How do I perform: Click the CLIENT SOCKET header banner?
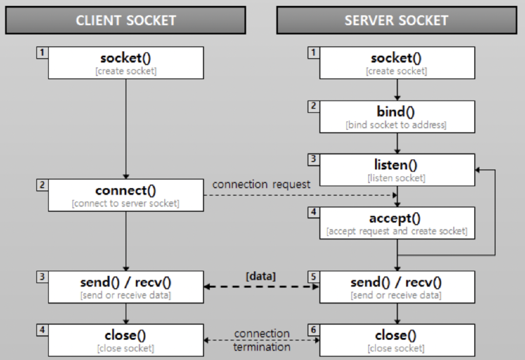pyautogui.click(x=126, y=21)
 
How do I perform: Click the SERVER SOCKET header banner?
pyautogui.click(x=396, y=21)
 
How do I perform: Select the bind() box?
pyautogui.click(x=396, y=117)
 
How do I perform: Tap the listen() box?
pyautogui.click(x=396, y=170)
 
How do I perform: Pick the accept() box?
pyautogui.click(x=396, y=223)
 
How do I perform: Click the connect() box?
pyautogui.click(x=126, y=195)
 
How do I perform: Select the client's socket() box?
pyautogui.click(x=126, y=63)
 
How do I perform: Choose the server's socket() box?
pyautogui.click(x=396, y=63)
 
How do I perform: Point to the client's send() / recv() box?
pyautogui.click(x=126, y=287)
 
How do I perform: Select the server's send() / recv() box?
pyautogui.click(x=396, y=287)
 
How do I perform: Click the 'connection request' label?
pyautogui.click(x=261, y=184)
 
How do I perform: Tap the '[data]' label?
pyautogui.click(x=260, y=276)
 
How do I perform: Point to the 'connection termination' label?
pyautogui.click(x=261, y=340)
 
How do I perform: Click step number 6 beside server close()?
pyautogui.click(x=312, y=330)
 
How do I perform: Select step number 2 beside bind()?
pyautogui.click(x=312, y=106)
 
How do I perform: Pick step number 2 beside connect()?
pyautogui.click(x=41, y=185)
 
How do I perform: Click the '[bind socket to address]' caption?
pyautogui.click(x=396, y=125)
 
